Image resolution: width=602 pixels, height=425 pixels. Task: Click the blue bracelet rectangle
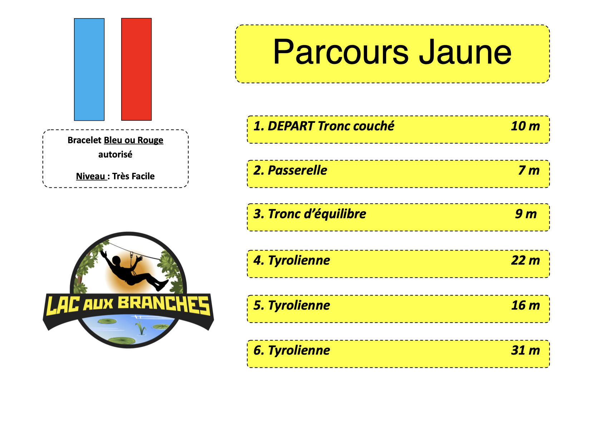pyautogui.click(x=89, y=70)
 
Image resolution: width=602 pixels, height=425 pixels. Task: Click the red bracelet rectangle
pyautogui.click(x=137, y=69)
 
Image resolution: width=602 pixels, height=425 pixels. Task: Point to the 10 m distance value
pyautogui.click(x=525, y=126)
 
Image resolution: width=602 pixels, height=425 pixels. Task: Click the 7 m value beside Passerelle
pyautogui.click(x=529, y=170)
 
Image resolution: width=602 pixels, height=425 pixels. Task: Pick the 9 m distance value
pyautogui.click(x=526, y=214)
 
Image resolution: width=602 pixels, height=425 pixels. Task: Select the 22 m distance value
pyautogui.click(x=525, y=260)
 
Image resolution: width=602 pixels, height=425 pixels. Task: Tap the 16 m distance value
pyautogui.click(x=525, y=305)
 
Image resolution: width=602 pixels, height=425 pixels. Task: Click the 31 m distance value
pyautogui.click(x=525, y=350)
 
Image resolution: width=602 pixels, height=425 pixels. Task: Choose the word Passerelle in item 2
pyautogui.click(x=297, y=170)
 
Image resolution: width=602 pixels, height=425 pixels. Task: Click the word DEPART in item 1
pyautogui.click(x=291, y=126)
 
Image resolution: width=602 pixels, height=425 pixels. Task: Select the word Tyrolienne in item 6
pyautogui.click(x=299, y=350)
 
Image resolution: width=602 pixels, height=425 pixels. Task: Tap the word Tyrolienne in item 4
pyautogui.click(x=299, y=260)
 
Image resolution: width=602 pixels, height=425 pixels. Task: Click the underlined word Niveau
pyautogui.click(x=90, y=176)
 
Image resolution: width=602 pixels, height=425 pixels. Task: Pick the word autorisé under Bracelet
pyautogui.click(x=115, y=154)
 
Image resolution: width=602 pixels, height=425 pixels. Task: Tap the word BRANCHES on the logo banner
pyautogui.click(x=164, y=305)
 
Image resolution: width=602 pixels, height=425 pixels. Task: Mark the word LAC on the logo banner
pyautogui.click(x=63, y=305)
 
